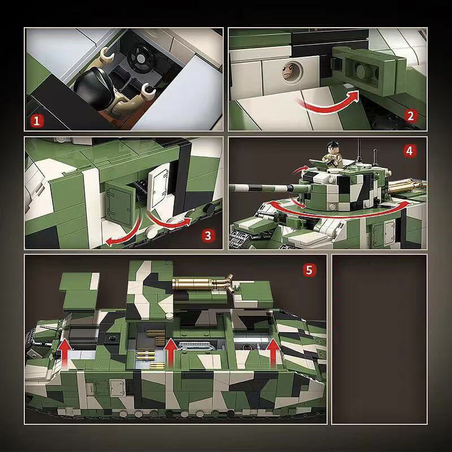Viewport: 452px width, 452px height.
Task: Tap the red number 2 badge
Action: [411, 116]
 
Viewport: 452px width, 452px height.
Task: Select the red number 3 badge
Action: [209, 235]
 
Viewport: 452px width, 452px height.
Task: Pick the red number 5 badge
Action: [308, 270]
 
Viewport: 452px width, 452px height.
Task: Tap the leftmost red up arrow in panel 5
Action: [66, 352]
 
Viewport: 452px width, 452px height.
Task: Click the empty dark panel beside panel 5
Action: [379, 339]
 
